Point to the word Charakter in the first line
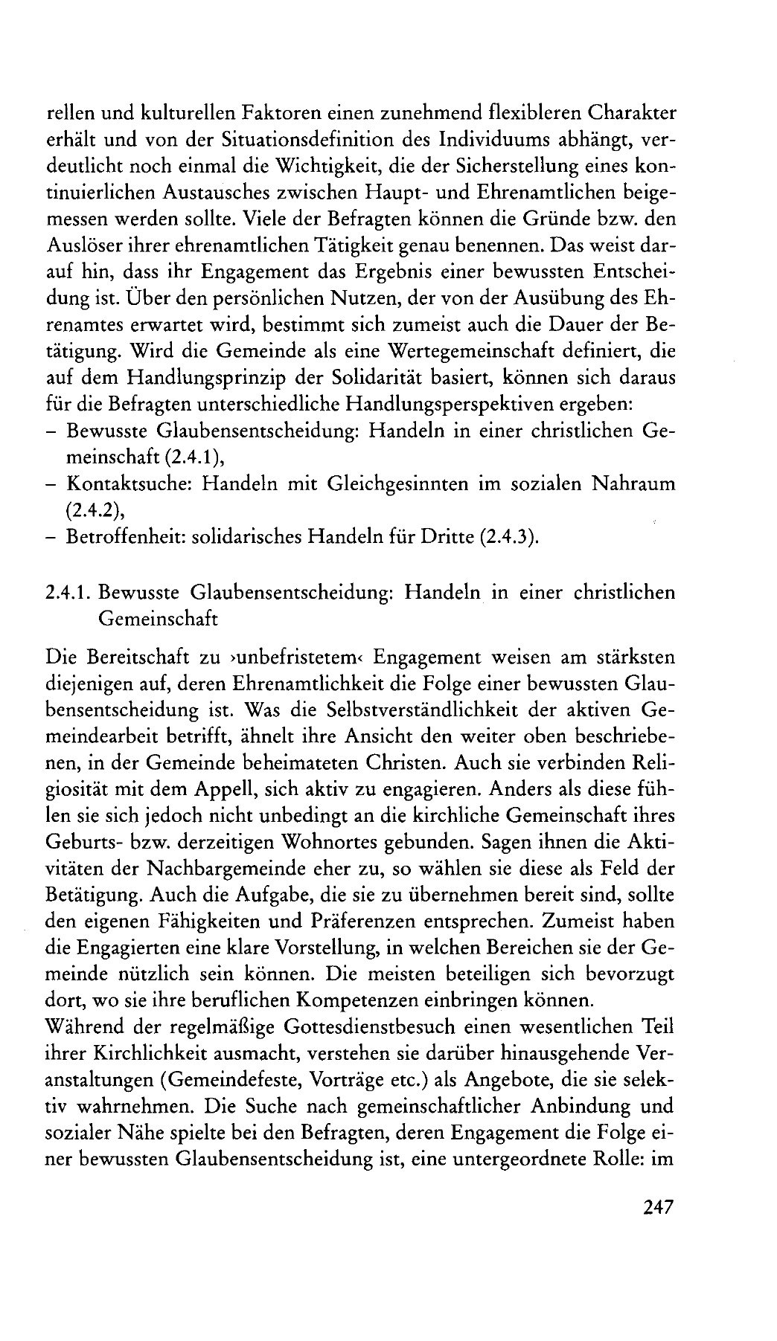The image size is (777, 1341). click(x=630, y=113)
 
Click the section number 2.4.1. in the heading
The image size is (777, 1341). click(x=70, y=593)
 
